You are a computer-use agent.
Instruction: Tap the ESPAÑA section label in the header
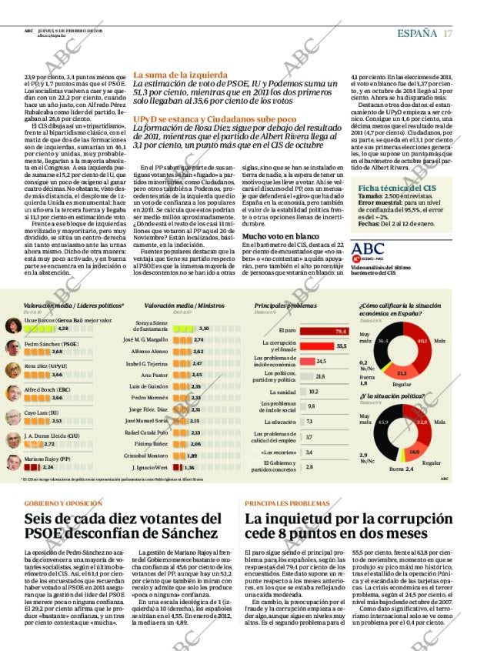(417, 33)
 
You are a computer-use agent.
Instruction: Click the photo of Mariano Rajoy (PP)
(13, 462)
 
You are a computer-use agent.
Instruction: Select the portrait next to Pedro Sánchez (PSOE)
(13, 347)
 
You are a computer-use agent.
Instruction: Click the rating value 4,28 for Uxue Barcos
(63, 328)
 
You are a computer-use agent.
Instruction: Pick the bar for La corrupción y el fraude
(316, 346)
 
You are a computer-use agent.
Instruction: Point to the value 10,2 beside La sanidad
(313, 391)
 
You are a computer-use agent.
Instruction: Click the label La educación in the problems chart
(284, 421)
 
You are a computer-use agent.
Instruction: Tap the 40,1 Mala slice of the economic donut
(421, 340)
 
